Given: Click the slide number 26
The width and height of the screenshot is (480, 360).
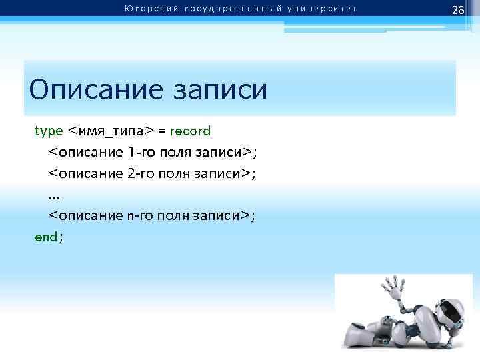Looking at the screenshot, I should (457, 10).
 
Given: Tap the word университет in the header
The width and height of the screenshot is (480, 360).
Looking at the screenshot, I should (323, 9).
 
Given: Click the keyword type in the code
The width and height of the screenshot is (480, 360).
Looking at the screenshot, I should (48, 131).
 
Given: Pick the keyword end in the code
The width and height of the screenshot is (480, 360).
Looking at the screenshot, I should (46, 237).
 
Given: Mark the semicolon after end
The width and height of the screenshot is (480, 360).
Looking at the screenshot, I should (61, 237).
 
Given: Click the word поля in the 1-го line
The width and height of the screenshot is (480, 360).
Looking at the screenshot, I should (176, 152).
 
